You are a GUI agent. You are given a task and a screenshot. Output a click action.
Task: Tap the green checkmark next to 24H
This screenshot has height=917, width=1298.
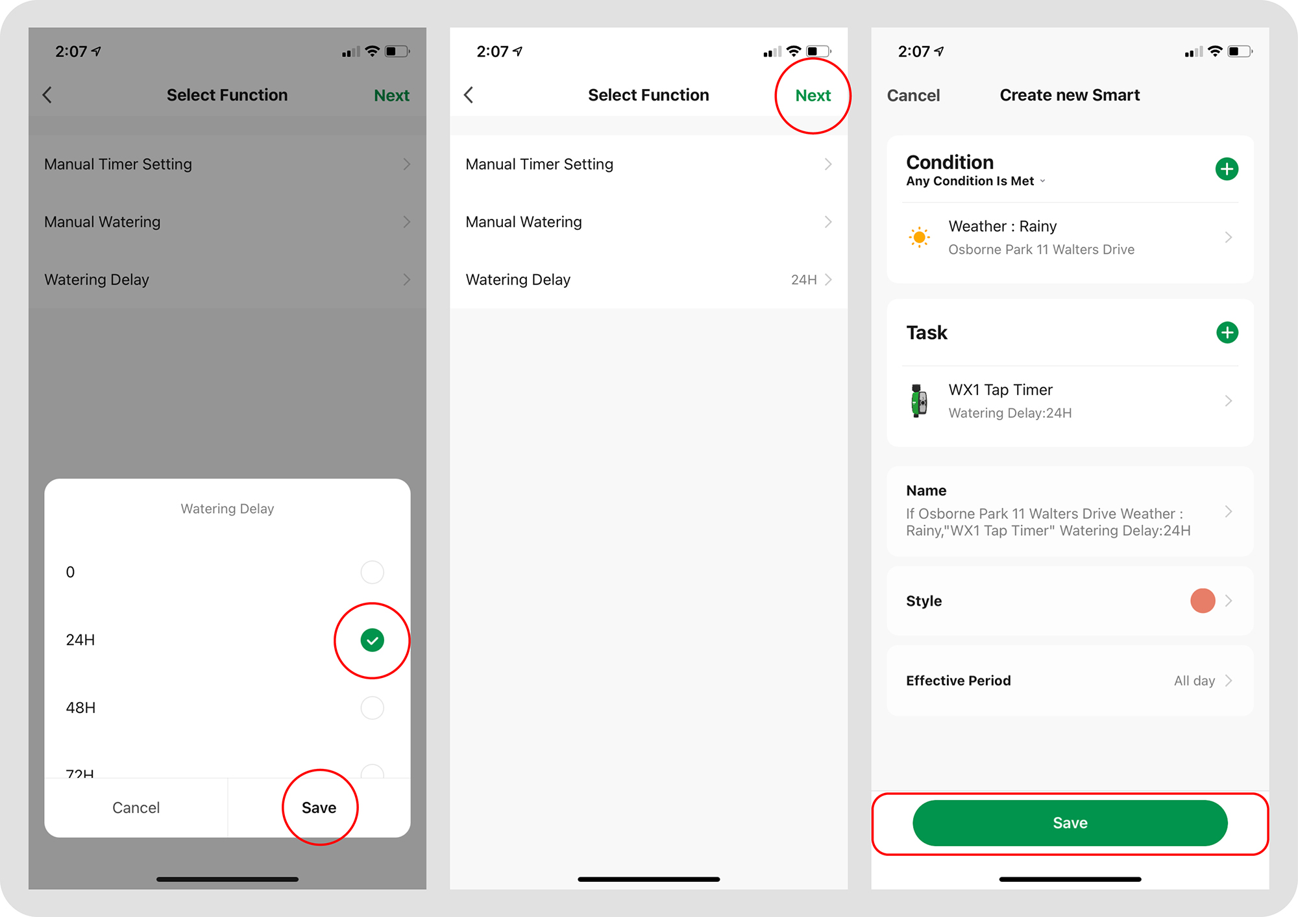[372, 640]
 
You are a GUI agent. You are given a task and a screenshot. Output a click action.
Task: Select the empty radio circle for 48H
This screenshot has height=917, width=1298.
[372, 708]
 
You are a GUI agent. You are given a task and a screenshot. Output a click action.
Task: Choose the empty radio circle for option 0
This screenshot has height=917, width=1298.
[372, 572]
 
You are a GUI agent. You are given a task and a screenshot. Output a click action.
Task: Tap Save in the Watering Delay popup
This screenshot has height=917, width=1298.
[319, 807]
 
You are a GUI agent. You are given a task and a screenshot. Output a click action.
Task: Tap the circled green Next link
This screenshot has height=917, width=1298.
[813, 95]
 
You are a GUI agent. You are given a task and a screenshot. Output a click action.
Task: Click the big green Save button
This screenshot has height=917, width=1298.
[1070, 823]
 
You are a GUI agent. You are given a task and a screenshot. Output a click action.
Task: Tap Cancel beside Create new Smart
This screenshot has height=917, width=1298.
[913, 95]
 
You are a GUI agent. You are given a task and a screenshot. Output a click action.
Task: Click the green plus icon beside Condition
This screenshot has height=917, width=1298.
[1227, 169]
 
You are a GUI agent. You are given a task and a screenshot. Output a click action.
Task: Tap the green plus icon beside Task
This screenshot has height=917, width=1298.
[1227, 333]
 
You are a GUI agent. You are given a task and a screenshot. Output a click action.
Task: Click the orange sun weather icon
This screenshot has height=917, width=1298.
[919, 237]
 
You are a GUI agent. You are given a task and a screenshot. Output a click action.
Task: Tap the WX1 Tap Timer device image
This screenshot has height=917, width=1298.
[919, 401]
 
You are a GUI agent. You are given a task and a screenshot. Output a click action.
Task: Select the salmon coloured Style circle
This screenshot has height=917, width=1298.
[1203, 601]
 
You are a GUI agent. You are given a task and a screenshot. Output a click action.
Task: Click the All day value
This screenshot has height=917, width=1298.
[1194, 681]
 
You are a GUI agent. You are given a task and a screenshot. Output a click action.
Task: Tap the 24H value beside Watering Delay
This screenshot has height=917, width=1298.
[803, 280]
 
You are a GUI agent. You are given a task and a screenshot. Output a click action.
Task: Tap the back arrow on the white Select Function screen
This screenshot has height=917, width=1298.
[469, 95]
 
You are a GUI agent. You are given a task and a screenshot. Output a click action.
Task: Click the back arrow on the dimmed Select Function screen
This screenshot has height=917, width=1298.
[47, 95]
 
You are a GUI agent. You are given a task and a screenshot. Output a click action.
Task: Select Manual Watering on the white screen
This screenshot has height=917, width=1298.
[524, 222]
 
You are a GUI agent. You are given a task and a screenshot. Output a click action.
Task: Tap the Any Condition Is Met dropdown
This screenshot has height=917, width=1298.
[975, 181]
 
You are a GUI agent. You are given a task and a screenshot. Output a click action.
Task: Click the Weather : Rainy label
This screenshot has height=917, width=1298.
[1002, 227]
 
